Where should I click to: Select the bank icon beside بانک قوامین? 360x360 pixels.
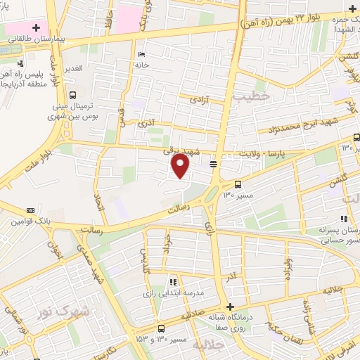point(30,210)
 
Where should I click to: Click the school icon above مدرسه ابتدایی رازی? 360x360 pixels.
point(173,282)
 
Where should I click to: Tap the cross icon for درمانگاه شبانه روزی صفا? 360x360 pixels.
point(231,306)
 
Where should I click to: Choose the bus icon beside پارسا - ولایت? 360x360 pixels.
point(213,164)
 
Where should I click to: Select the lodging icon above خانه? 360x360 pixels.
point(142,55)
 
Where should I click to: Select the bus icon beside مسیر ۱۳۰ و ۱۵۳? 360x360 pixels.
point(162,328)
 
